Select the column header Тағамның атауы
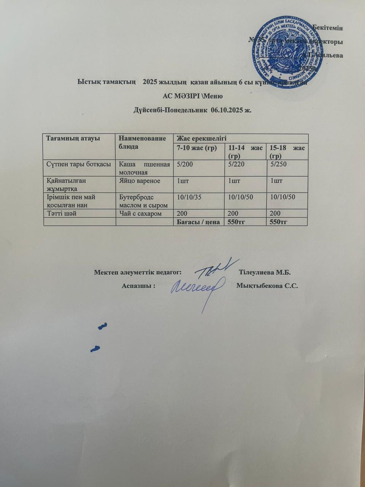73,138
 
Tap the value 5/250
278,164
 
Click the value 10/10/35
189,197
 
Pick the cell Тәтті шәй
62,213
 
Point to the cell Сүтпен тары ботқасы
79,164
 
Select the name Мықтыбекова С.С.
267,286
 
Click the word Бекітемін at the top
327,28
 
